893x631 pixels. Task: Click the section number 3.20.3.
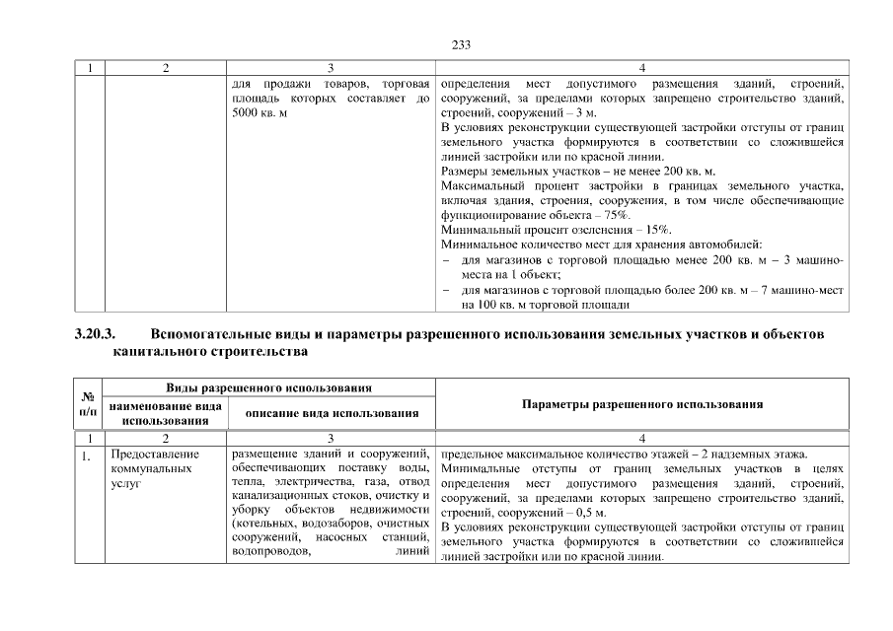click(95, 335)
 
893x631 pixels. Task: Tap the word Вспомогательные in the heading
click(205, 335)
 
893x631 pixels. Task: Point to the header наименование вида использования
click(165, 413)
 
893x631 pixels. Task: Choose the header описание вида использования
click(333, 413)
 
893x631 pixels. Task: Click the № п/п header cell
click(89, 405)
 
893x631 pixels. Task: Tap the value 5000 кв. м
click(259, 114)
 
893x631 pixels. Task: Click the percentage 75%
click(615, 215)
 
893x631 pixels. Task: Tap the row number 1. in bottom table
click(88, 455)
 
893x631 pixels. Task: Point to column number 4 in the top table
click(641, 68)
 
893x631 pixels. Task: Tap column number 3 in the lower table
click(333, 438)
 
